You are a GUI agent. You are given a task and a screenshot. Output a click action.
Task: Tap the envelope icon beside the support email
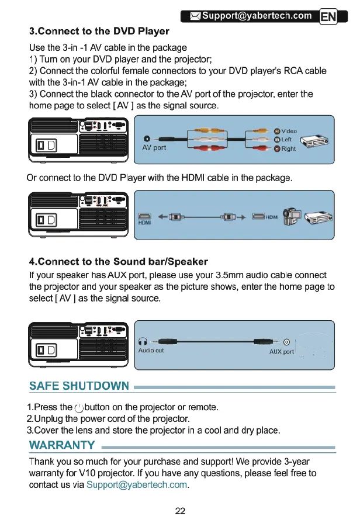point(193,16)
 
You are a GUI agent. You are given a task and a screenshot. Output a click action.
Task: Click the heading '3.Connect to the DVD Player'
point(99,31)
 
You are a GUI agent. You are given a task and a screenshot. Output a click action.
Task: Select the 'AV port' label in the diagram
point(154,148)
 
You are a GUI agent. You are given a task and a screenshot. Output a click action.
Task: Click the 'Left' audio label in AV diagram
point(286,140)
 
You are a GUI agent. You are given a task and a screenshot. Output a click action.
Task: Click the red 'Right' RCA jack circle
point(277,149)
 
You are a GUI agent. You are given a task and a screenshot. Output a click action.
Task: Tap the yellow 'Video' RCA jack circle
point(277,131)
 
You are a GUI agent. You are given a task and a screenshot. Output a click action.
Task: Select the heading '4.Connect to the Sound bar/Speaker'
point(119,261)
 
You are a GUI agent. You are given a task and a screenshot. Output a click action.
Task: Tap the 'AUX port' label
point(281,352)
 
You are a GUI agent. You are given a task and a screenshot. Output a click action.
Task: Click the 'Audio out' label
point(151,351)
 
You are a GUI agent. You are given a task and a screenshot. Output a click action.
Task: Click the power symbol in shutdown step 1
point(80,407)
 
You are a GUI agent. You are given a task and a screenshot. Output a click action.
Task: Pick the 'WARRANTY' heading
point(62,446)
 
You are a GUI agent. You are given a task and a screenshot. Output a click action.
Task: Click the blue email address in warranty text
point(137,485)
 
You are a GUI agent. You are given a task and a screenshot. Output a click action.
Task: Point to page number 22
point(180,511)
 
